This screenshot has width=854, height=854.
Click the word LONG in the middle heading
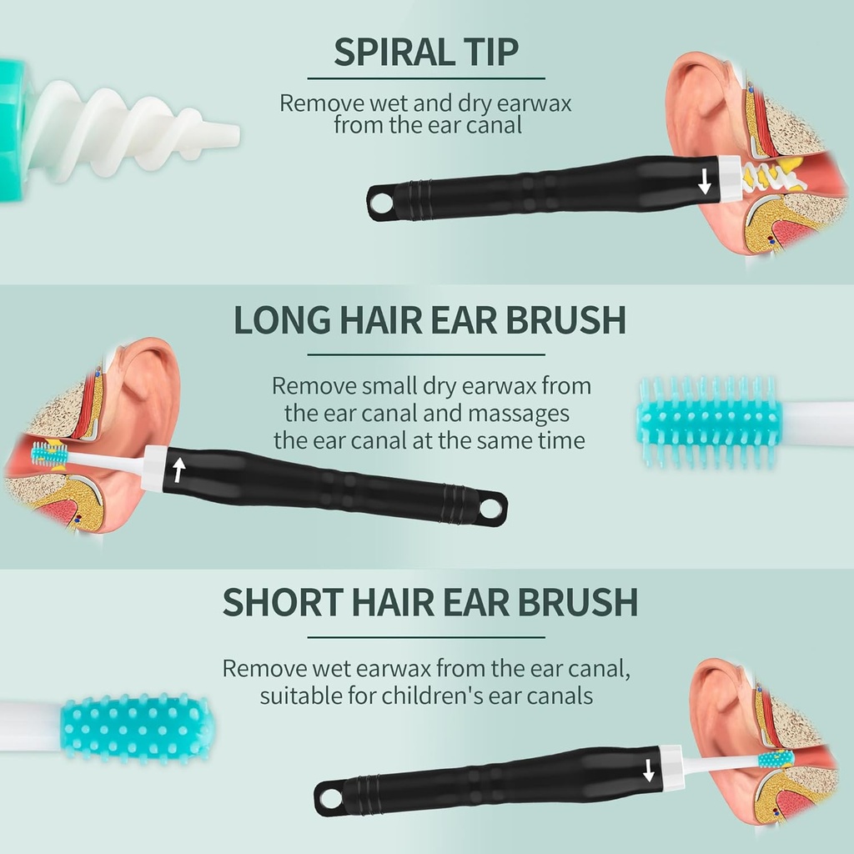(282, 319)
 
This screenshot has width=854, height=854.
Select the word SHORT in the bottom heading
(282, 602)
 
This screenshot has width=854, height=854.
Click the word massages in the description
(519, 414)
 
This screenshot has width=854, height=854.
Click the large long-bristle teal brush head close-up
(708, 422)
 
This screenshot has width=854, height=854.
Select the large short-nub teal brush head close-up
(136, 729)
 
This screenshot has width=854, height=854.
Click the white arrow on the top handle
(704, 181)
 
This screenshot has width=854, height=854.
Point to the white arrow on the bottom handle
(648, 771)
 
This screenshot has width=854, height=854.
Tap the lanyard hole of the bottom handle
(328, 798)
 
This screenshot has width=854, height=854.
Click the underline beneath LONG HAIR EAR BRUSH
(426, 354)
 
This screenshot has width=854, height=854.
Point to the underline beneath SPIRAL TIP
(426, 78)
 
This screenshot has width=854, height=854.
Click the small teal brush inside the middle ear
(49, 454)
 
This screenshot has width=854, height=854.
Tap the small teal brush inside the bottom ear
(776, 759)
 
